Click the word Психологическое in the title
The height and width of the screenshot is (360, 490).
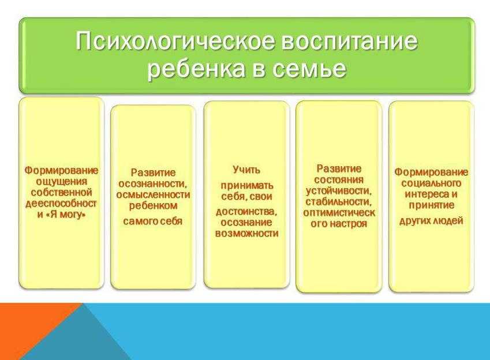coord(175,41)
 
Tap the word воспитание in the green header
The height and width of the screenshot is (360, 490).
coord(350,41)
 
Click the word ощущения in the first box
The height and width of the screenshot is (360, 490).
coord(62,182)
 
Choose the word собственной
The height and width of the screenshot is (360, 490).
coord(62,192)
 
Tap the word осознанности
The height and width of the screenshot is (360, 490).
coord(153,183)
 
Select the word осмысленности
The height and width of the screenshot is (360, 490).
coord(153,194)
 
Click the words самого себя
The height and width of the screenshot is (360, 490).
coord(153,222)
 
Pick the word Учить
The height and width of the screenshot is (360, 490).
coord(246,170)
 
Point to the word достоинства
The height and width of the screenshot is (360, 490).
coord(246,212)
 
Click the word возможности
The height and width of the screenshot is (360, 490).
coord(246,234)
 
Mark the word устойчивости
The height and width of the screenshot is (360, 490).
coord(339,190)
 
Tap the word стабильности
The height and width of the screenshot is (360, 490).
coord(339,201)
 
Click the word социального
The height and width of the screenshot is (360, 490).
coord(431,183)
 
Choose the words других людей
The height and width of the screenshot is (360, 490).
coord(431,221)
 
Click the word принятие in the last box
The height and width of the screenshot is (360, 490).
coord(431,205)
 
